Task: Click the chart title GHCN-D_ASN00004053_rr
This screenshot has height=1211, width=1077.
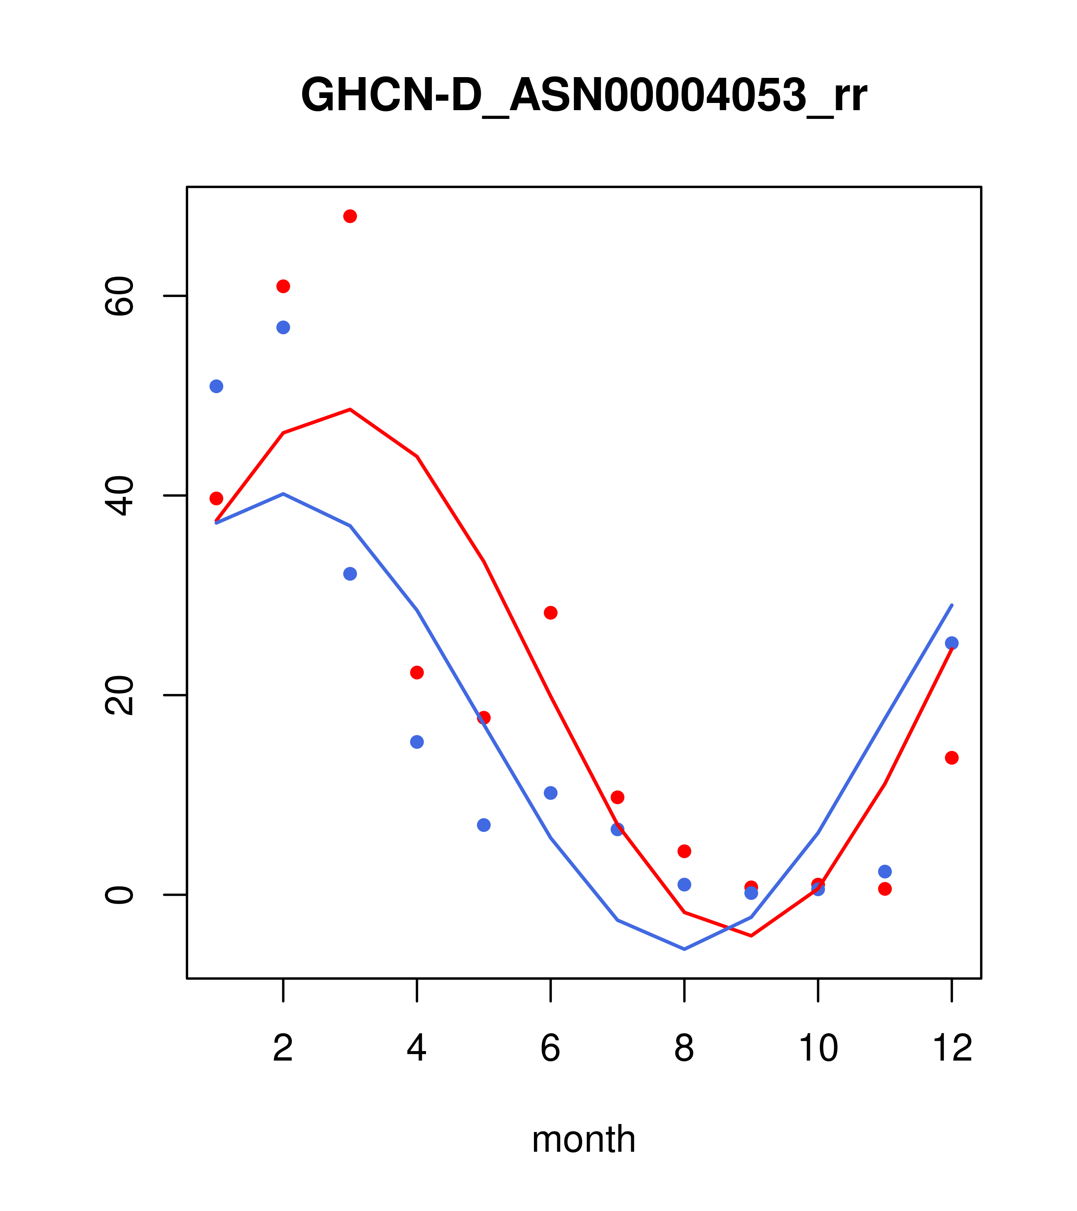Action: pos(584,95)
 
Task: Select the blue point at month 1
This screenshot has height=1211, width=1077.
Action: pos(216,386)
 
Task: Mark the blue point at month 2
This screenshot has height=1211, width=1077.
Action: pos(284,328)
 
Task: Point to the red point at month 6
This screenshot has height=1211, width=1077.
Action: pos(551,613)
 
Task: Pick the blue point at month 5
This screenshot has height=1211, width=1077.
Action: pos(484,825)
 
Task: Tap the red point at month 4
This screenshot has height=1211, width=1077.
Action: pos(417,672)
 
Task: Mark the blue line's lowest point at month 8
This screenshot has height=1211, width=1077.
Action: pos(684,949)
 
